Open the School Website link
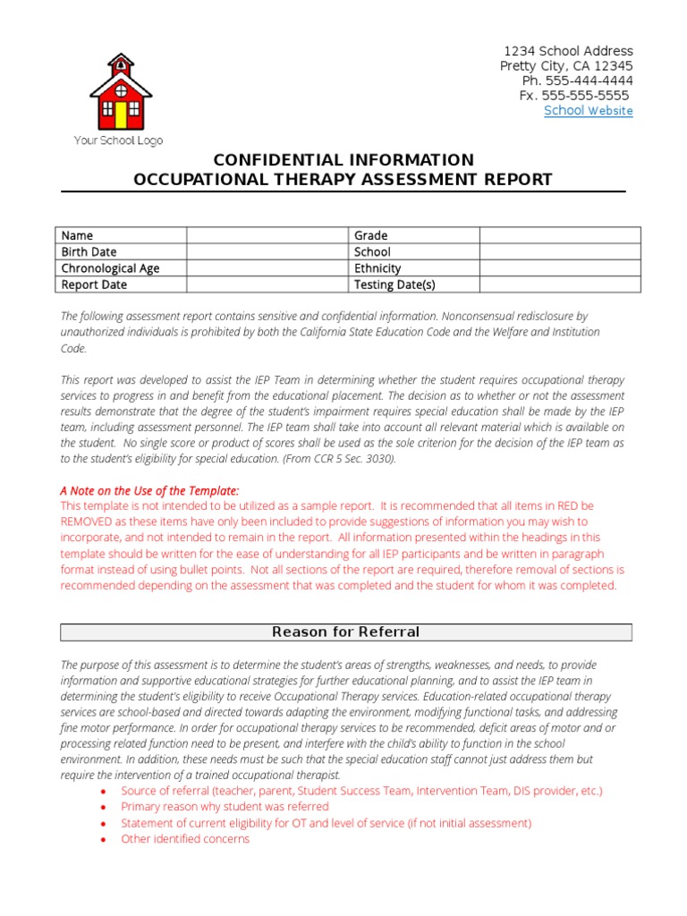588,111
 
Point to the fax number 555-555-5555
586,96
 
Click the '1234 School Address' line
568,51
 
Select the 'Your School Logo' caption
117,140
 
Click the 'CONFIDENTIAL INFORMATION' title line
343,160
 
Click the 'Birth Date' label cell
89,252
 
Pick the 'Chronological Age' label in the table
110,268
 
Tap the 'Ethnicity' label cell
377,268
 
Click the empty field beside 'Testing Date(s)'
559,284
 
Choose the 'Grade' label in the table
371,236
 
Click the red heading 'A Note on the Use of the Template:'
149,490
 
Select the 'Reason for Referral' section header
345,632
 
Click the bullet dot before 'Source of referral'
105,792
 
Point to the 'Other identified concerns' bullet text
185,839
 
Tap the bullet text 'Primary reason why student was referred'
225,807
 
